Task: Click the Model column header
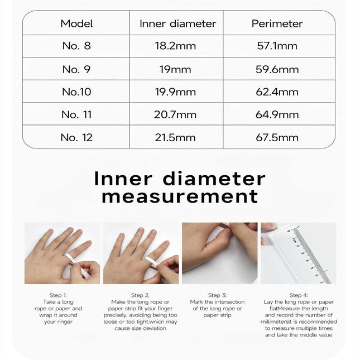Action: click(76, 23)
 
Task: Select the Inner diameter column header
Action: click(177, 23)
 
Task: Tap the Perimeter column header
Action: click(277, 23)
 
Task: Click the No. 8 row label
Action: click(76, 46)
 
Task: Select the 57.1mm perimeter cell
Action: click(277, 46)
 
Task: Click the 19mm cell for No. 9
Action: click(176, 69)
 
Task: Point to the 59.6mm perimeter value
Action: click(277, 69)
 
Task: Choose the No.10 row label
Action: click(76, 92)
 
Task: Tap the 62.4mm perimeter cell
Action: click(277, 92)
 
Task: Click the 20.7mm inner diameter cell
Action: click(176, 115)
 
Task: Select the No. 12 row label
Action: click(76, 137)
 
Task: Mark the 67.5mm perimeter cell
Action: click(277, 137)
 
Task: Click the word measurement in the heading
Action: click(180, 196)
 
